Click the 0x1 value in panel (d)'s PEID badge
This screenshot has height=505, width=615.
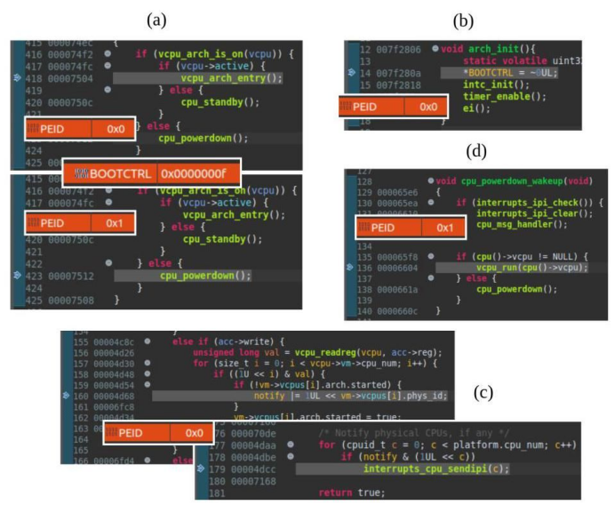[444, 228]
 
